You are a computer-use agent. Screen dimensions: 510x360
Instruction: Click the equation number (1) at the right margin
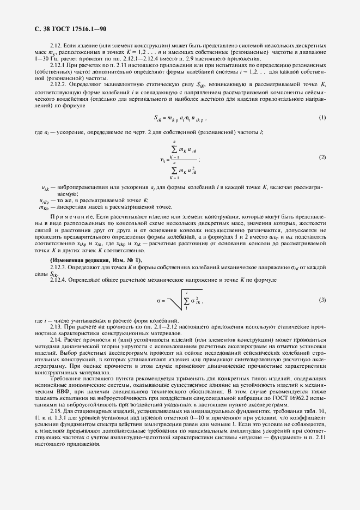click(x=322, y=132)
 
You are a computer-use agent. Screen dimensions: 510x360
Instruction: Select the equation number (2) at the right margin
click(x=322, y=157)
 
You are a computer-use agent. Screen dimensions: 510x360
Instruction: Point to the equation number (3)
click(x=322, y=300)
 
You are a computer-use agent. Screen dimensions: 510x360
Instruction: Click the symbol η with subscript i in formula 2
click(x=163, y=160)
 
